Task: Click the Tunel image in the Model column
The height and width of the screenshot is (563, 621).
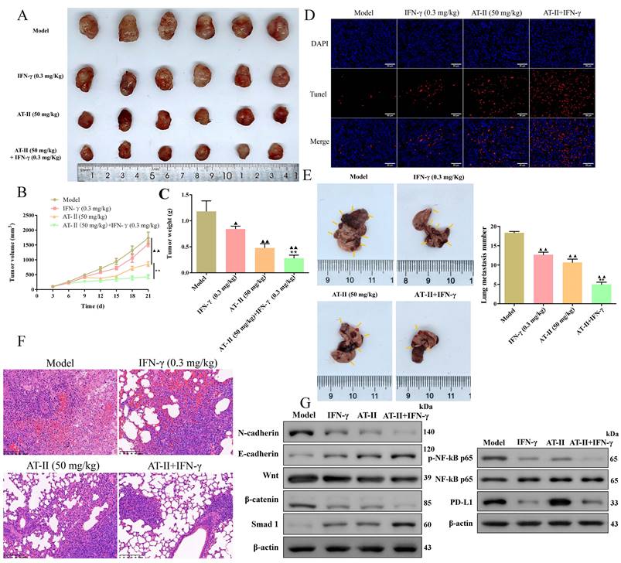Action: [363, 93]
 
